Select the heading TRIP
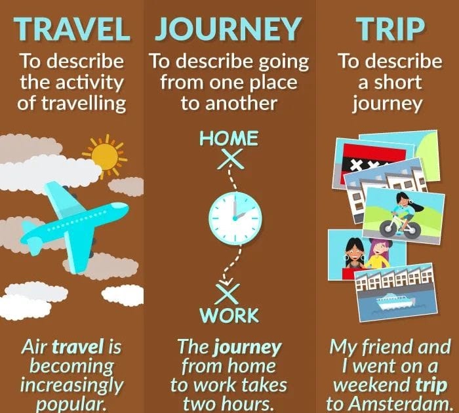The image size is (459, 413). pos(389,30)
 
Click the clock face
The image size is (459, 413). pos(235,217)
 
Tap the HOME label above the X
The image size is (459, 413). pos(229,138)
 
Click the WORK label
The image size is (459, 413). pos(229,315)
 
